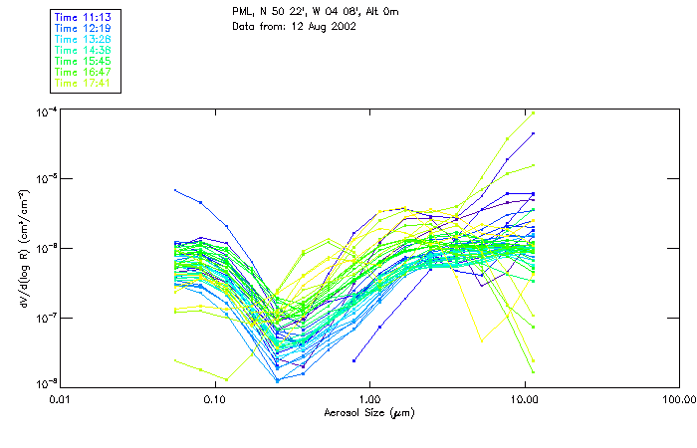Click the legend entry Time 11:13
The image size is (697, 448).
pyautogui.click(x=84, y=17)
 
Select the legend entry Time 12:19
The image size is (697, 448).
pyautogui.click(x=84, y=28)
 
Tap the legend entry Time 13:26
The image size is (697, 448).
pyautogui.click(x=84, y=39)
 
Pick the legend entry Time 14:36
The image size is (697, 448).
pyautogui.click(x=84, y=50)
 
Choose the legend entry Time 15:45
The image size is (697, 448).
pyautogui.click(x=84, y=61)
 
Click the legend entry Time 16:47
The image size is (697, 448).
pyautogui.click(x=84, y=72)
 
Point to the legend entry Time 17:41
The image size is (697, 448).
pyautogui.click(x=84, y=83)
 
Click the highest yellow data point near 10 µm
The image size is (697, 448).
pyautogui.click(x=534, y=112)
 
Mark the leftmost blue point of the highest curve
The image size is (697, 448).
pyautogui.click(x=176, y=190)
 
